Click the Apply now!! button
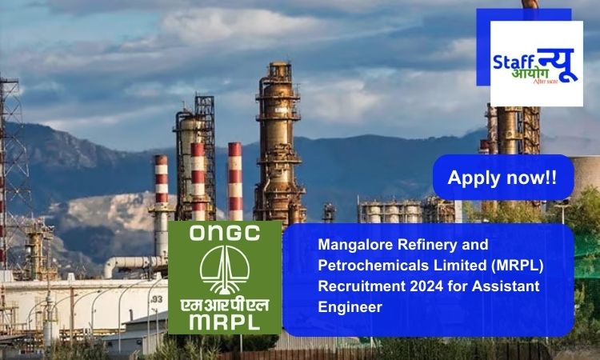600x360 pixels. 503,177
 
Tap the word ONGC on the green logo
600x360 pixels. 225,233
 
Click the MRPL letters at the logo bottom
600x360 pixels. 225,322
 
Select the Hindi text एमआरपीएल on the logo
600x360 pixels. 225,305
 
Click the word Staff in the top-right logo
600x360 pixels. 513,62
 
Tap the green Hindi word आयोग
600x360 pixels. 530,74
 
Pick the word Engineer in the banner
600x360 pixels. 350,307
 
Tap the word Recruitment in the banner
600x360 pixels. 362,286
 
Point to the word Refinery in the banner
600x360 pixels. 428,245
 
